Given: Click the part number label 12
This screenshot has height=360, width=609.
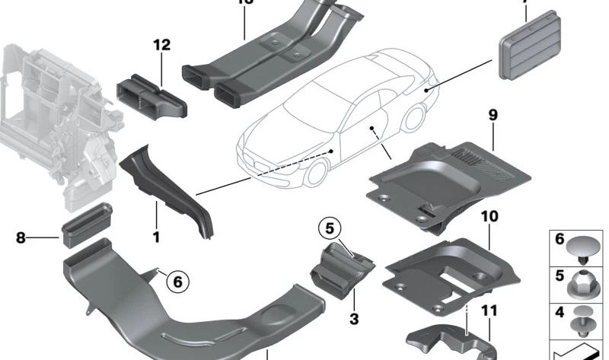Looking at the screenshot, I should pos(161,46).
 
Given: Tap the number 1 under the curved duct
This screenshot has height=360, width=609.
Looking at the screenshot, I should pos(155,237).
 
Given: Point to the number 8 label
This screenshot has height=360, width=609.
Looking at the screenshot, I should pos(21,237).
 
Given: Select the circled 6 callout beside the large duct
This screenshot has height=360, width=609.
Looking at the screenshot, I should pos(177,282).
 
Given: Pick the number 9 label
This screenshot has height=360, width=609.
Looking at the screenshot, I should pos(493,116).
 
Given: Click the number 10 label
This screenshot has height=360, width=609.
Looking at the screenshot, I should pos(489,216).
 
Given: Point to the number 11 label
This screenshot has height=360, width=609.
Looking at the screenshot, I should pos(489,310).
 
